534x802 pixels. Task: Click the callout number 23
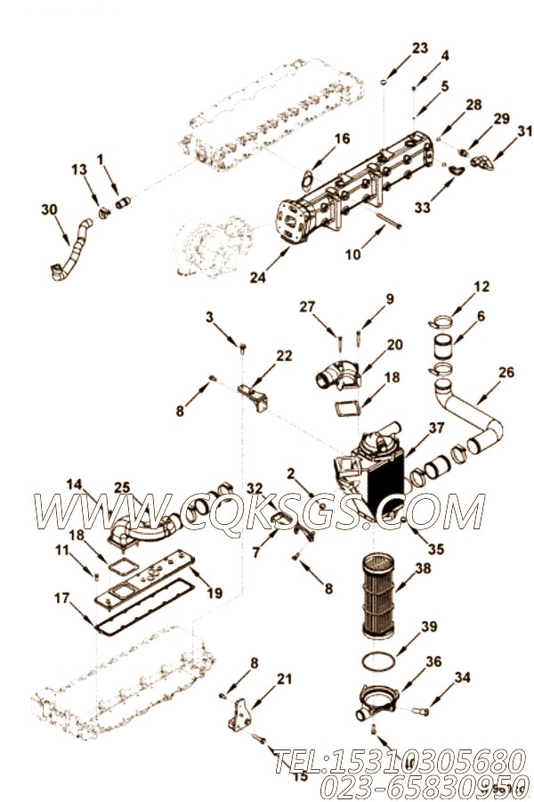(419, 47)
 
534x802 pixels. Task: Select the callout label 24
(256, 277)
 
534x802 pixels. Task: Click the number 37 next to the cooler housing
(435, 428)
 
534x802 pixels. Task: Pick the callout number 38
(424, 567)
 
